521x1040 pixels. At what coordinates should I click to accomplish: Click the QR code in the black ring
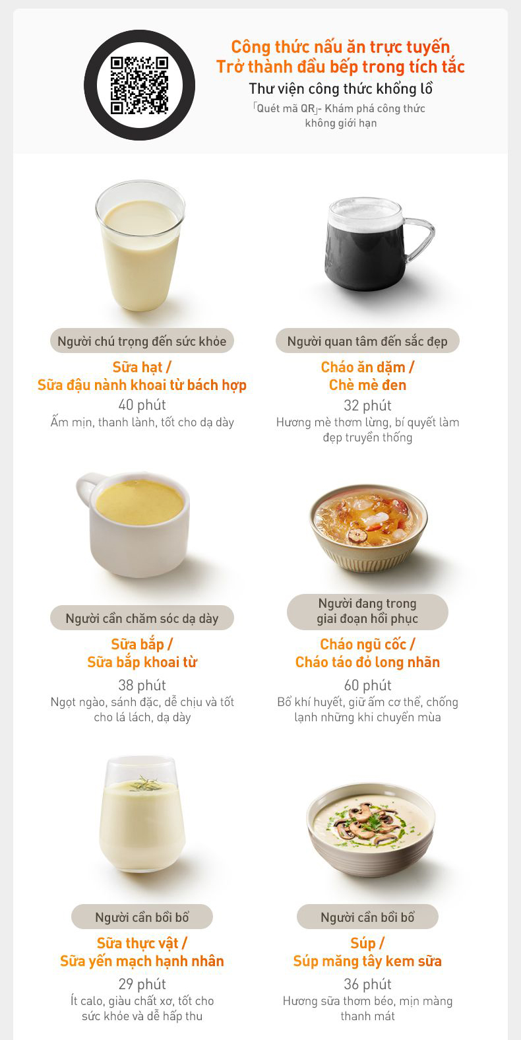click(139, 85)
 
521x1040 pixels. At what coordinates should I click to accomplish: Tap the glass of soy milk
click(140, 245)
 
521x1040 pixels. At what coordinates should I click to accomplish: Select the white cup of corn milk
click(134, 524)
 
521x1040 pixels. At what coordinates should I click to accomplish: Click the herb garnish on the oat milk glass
click(146, 784)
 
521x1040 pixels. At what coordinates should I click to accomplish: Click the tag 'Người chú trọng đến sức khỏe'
click(142, 341)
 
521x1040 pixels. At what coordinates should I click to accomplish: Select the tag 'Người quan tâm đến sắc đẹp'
click(367, 341)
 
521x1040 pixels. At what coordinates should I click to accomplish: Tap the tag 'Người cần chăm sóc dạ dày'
click(142, 618)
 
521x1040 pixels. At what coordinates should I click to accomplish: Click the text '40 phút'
click(142, 405)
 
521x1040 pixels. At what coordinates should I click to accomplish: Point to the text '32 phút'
click(367, 405)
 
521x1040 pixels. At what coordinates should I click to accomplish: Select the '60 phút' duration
click(367, 685)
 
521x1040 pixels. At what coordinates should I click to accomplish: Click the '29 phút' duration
click(142, 984)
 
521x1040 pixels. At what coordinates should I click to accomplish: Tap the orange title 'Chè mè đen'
click(367, 385)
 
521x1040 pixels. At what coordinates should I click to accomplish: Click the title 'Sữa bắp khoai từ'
click(142, 662)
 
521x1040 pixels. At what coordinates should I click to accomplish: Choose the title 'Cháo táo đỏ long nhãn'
click(367, 662)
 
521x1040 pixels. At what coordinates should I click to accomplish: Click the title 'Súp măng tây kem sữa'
click(367, 961)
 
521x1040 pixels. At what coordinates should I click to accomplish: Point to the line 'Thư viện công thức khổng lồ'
click(340, 88)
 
